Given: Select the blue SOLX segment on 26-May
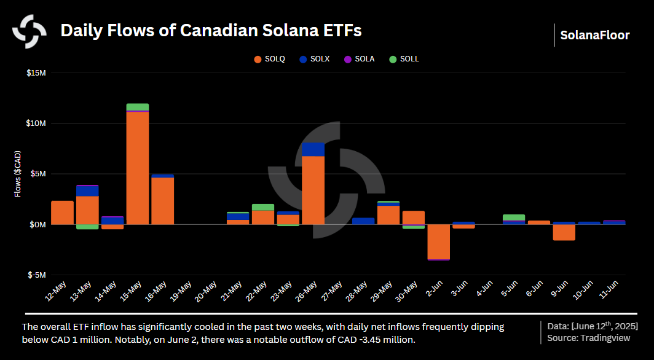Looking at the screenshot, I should click(313, 149).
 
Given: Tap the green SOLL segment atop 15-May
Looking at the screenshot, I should click(138, 107).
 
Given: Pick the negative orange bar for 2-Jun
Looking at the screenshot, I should click(438, 241).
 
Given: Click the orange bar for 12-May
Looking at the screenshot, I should click(62, 213).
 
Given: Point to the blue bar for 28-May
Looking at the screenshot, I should click(363, 221).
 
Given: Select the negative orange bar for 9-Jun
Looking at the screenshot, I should click(564, 232).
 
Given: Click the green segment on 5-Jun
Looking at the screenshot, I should click(513, 217).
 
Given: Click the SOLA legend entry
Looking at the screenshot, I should click(358, 59).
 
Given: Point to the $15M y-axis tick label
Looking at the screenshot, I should click(36, 73).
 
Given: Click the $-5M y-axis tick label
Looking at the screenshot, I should click(36, 275).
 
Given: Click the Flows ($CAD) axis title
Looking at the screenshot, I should click(18, 174).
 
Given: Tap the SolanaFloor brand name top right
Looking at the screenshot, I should click(594, 35).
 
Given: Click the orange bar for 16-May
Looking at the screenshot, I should click(162, 201).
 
